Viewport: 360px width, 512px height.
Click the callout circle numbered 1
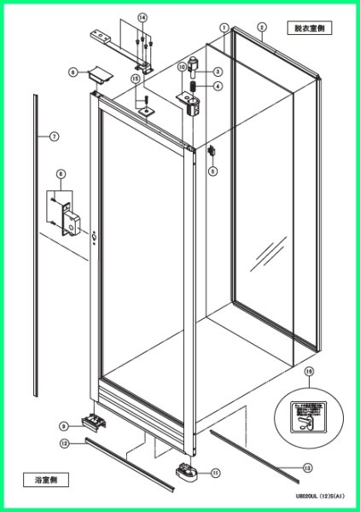[224, 27]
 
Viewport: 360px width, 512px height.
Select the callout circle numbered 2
[262, 26]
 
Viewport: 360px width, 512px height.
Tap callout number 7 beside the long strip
[53, 137]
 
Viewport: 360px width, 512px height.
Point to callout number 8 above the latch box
[61, 174]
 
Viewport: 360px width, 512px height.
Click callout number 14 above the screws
[142, 17]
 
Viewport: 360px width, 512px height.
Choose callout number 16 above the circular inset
[310, 371]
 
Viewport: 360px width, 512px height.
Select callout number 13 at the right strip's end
[306, 467]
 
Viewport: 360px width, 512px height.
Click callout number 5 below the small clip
[212, 171]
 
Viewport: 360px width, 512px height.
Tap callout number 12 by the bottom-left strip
[64, 444]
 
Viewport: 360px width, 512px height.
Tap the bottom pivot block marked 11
[189, 469]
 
